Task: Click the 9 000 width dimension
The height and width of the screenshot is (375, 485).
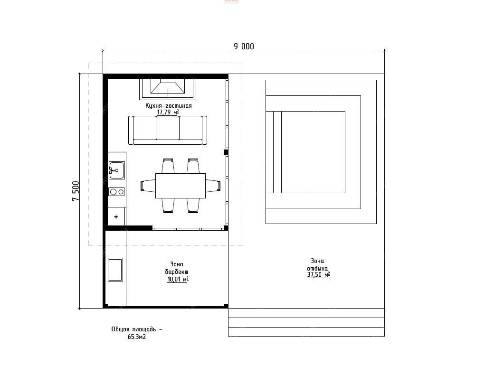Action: point(244,47)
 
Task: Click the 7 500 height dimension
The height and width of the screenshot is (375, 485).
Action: point(76,191)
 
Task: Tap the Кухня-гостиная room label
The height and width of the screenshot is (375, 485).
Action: point(168,106)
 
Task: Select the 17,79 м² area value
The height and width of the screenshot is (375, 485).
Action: point(168,112)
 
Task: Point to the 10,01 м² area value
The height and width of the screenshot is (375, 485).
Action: point(178,280)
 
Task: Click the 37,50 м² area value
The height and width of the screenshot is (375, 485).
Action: point(318,275)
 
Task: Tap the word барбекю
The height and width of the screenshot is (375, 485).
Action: point(177,272)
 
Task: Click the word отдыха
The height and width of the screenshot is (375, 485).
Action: point(317,268)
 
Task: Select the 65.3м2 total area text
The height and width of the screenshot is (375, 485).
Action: point(136,337)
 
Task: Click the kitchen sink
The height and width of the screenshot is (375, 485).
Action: point(116,170)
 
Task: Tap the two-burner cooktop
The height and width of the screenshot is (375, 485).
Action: point(116,192)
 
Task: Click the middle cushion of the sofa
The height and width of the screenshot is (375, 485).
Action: point(168,128)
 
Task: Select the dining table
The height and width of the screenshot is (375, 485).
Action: point(181,186)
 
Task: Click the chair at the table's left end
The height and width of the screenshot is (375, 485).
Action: point(148,186)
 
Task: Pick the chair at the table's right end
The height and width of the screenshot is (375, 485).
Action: point(213,186)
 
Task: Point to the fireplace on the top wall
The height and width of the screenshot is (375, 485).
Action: point(168,89)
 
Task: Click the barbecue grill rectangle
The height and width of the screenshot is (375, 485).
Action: point(115,270)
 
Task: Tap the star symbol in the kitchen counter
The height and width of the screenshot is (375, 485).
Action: point(116,217)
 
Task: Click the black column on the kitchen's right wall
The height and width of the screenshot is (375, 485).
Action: point(226,152)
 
